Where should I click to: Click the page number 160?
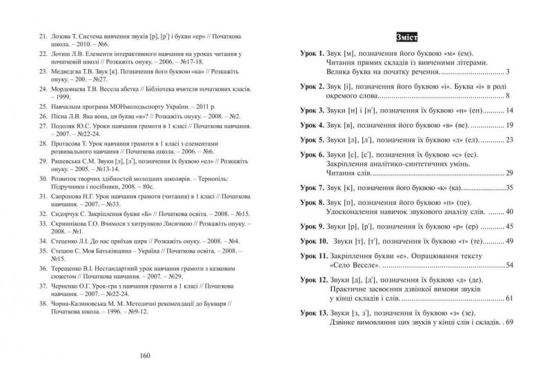pos(144,356)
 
